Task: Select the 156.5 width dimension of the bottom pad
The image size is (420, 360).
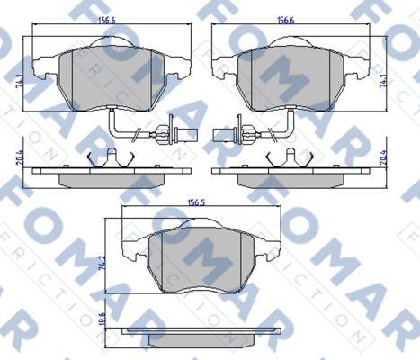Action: click(196, 202)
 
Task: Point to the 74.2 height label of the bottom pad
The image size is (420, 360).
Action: click(103, 263)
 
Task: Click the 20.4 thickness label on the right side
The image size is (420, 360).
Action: click(383, 157)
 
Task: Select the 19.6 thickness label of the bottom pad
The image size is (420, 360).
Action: click(102, 318)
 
